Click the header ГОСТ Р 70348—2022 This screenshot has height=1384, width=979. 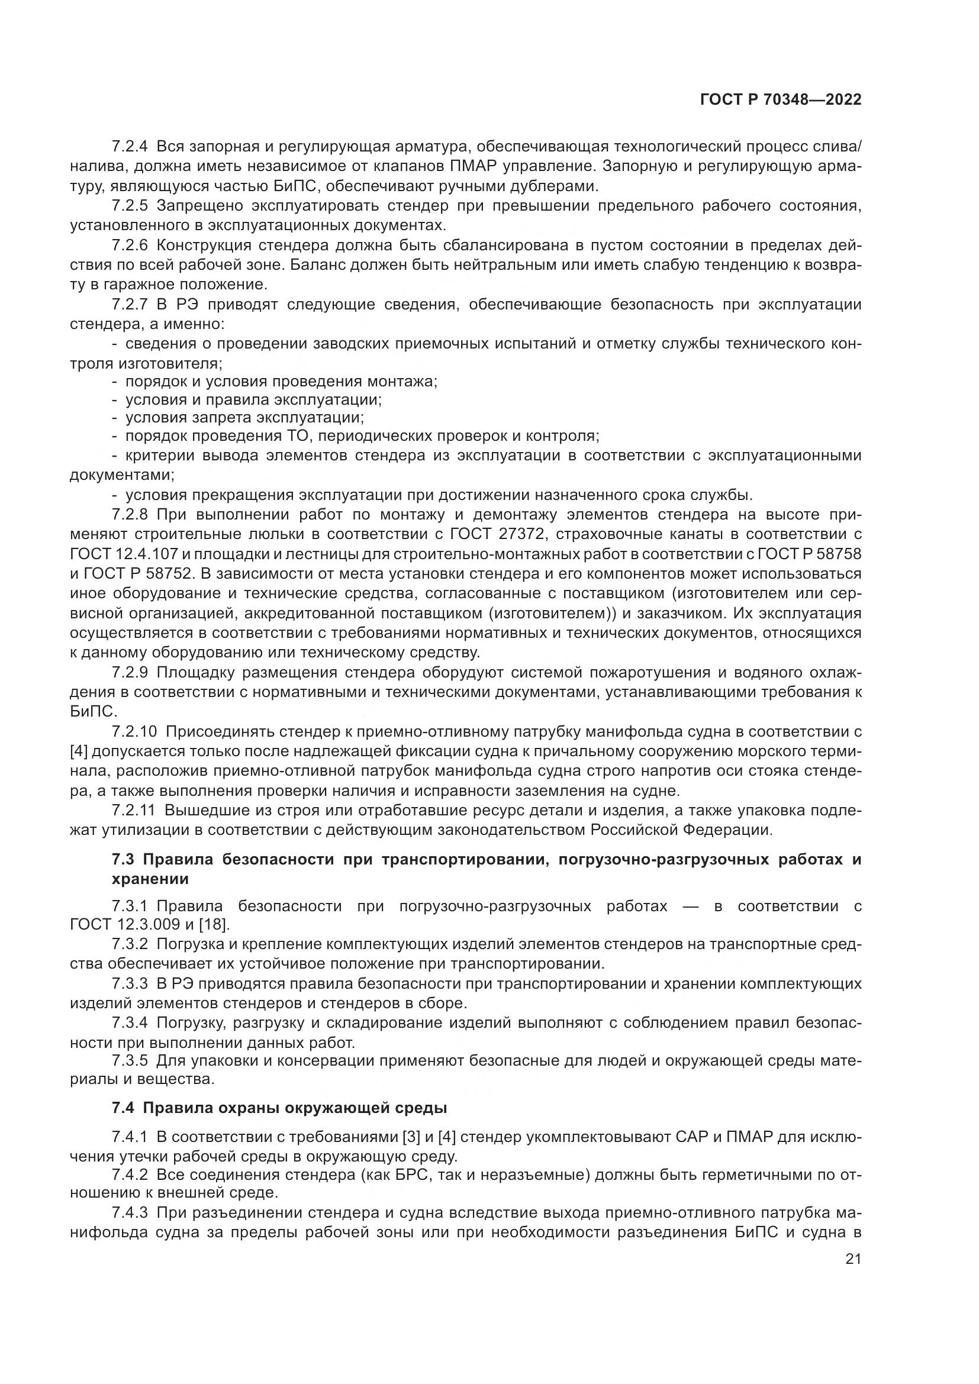pyautogui.click(x=781, y=100)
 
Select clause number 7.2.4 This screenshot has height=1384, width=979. pyautogui.click(x=130, y=147)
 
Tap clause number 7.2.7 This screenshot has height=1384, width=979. pyautogui.click(x=130, y=304)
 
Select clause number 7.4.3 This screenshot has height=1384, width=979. pyautogui.click(x=130, y=1212)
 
